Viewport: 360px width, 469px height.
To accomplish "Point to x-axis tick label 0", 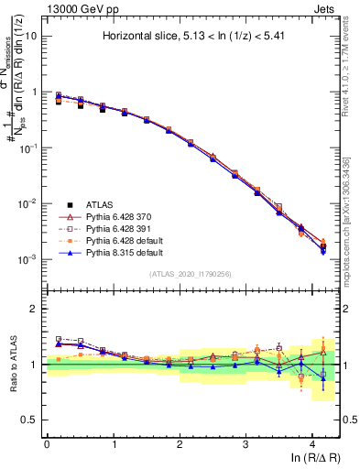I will (47, 443).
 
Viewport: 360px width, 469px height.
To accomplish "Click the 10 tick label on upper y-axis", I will (32, 37).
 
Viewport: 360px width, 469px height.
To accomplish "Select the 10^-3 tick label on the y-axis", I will (28, 259).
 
